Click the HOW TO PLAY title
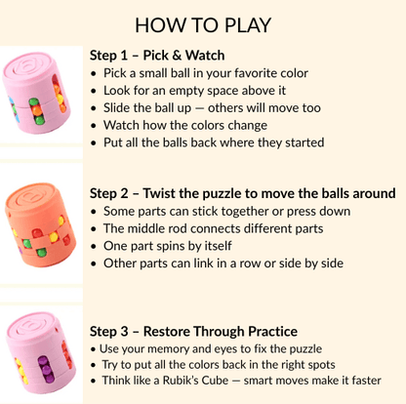[203, 25]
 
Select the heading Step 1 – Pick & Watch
[157, 56]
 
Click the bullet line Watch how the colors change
[185, 125]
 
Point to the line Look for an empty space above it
[194, 91]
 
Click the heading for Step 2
[243, 193]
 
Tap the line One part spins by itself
[168, 246]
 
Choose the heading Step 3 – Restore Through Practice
[193, 332]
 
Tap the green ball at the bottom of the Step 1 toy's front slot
[40, 121]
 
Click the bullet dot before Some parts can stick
[94, 212]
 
